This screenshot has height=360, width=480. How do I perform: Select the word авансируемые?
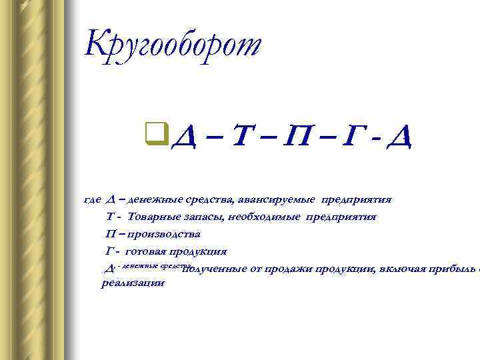pyautogui.click(x=275, y=199)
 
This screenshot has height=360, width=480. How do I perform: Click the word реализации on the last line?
pyautogui.click(x=133, y=283)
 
